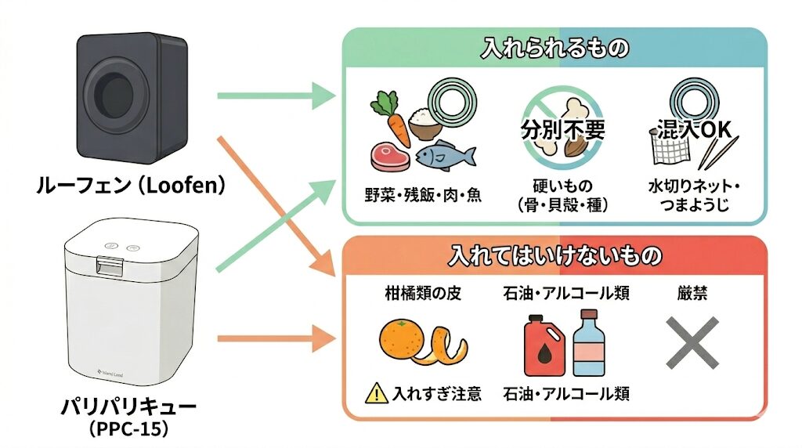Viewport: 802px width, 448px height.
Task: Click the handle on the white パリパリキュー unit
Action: pyautogui.click(x=110, y=266)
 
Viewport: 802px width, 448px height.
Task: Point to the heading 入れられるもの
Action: pyautogui.click(x=554, y=49)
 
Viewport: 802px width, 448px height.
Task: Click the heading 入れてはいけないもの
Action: pyautogui.click(x=554, y=255)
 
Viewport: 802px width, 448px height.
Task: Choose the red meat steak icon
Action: pyautogui.click(x=389, y=155)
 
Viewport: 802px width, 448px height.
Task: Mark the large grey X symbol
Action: pyautogui.click(x=692, y=343)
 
